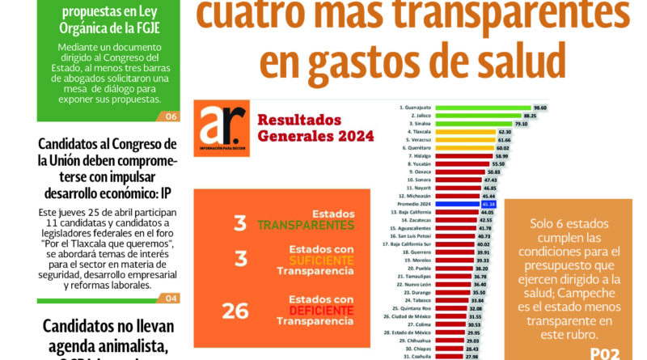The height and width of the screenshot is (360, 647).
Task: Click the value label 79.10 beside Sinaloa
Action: pyautogui.click(x=520, y=124)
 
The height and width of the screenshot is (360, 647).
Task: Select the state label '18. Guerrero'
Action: pyautogui.click(x=415, y=252)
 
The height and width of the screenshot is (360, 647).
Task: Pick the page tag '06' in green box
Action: pyautogui.click(x=171, y=116)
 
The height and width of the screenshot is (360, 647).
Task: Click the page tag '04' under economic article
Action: pyautogui.click(x=171, y=299)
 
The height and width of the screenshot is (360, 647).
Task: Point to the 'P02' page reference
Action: pyautogui.click(x=606, y=352)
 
